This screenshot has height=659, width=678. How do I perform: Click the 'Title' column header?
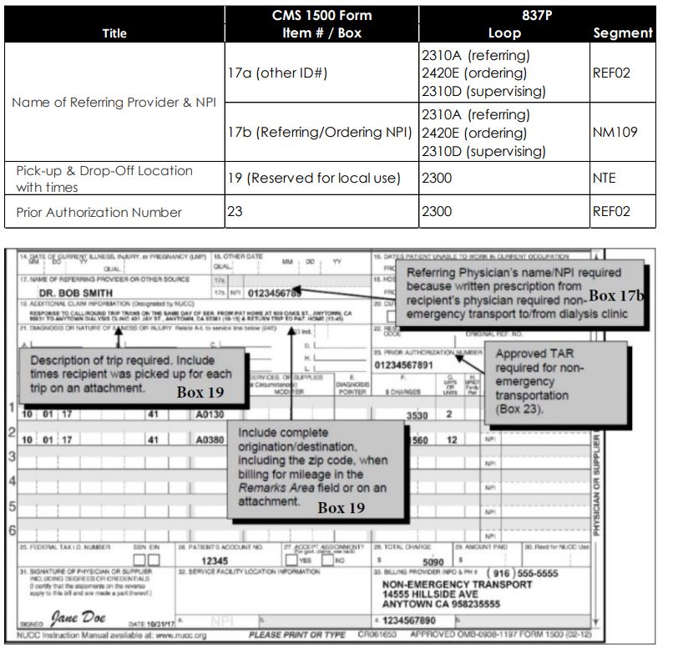click(x=114, y=33)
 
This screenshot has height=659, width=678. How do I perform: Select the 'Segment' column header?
click(x=622, y=33)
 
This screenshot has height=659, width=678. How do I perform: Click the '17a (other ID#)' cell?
click(x=277, y=73)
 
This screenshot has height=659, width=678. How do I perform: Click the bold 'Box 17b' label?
click(x=620, y=295)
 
